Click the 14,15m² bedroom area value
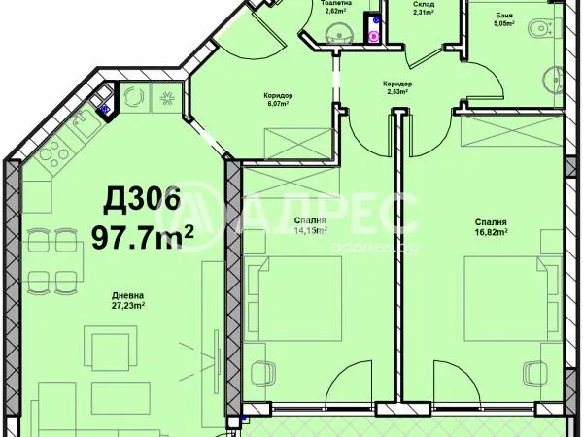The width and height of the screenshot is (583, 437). (x=309, y=230)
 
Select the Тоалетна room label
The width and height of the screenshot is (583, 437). (x=337, y=4)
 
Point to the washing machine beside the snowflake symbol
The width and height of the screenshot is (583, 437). (x=135, y=97)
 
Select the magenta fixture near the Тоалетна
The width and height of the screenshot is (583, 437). (x=374, y=34)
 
